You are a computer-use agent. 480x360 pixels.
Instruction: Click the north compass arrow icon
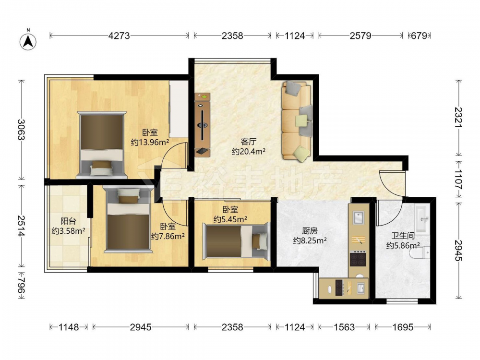pyautogui.click(x=28, y=41)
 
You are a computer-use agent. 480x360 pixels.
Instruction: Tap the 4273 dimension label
pyautogui.click(x=119, y=36)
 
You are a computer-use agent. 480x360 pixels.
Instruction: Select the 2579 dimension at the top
pyautogui.click(x=360, y=36)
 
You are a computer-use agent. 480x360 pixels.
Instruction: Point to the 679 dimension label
pyautogui.click(x=419, y=36)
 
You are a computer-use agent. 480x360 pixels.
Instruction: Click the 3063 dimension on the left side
pyautogui.click(x=21, y=129)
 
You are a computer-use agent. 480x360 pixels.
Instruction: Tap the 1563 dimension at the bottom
pyautogui.click(x=344, y=327)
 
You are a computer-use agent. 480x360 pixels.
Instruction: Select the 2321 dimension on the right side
pyautogui.click(x=458, y=117)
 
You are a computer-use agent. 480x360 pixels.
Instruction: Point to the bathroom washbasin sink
pyautogui.click(x=423, y=218)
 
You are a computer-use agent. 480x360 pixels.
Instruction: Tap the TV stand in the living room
pyautogui.click(x=203, y=125)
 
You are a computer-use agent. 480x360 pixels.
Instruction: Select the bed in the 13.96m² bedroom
pyautogui.click(x=102, y=144)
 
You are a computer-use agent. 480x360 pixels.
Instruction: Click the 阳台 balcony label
pyautogui.click(x=68, y=221)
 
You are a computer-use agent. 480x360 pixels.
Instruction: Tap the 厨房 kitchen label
pyautogui.click(x=310, y=231)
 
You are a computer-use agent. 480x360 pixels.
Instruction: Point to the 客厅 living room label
pyautogui.click(x=248, y=142)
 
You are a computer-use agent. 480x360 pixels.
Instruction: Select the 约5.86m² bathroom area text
pyautogui.click(x=403, y=245)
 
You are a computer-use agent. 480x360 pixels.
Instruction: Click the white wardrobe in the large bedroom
pyautogui.click(x=179, y=109)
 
